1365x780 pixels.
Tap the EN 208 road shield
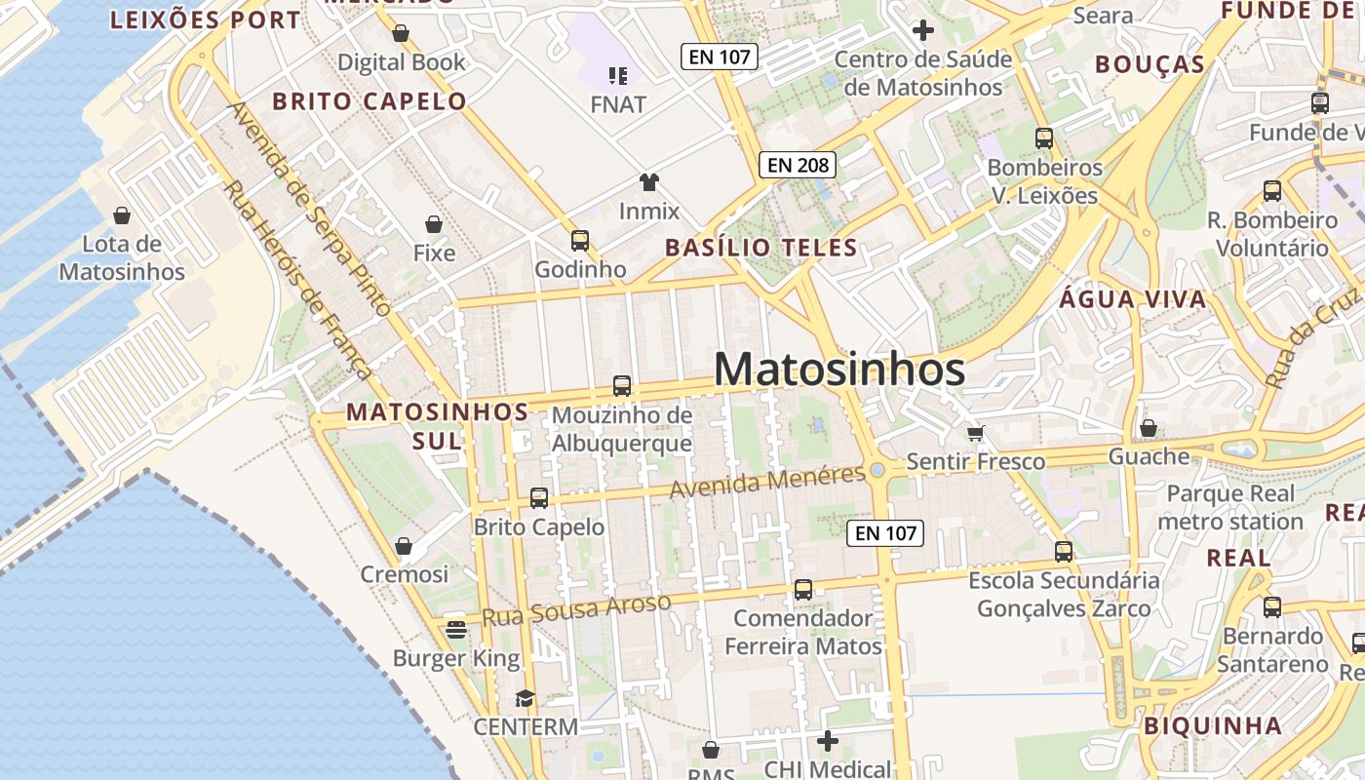click(x=798, y=165)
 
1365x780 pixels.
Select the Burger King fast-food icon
click(x=456, y=630)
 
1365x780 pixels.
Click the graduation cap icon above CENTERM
click(x=526, y=698)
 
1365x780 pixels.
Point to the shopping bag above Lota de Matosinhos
click(x=122, y=214)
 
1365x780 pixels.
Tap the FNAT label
click(x=618, y=103)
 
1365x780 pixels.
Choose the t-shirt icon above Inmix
click(x=649, y=181)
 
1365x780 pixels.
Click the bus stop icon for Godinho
click(x=580, y=240)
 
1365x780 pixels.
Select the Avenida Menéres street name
click(x=767, y=481)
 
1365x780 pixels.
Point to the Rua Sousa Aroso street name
click(x=577, y=609)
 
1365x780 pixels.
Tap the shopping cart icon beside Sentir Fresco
click(x=975, y=433)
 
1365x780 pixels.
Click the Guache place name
click(x=1150, y=456)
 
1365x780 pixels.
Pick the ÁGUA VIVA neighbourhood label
click(x=1133, y=299)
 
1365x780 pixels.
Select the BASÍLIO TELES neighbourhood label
click(x=761, y=248)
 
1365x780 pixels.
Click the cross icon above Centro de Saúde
click(x=922, y=31)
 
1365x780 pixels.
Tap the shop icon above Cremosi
click(x=404, y=546)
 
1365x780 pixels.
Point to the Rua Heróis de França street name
click(x=297, y=280)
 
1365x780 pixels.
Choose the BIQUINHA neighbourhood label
click(x=1212, y=725)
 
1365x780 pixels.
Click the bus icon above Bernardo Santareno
click(x=1271, y=607)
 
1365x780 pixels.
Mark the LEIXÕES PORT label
click(x=206, y=20)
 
